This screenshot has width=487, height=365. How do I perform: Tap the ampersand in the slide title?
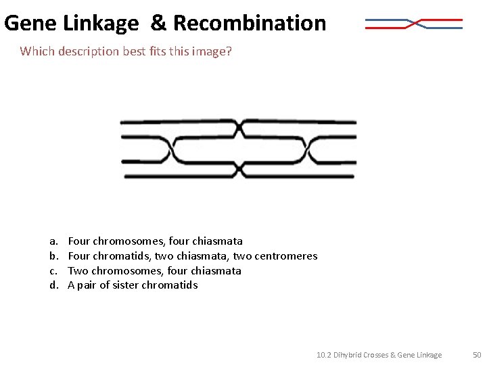point(158,23)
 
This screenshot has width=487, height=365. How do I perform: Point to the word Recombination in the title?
point(250,23)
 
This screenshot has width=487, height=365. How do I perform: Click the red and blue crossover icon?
point(414,24)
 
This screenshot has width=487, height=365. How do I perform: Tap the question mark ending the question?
point(229,51)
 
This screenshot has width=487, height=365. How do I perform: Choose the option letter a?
point(53,241)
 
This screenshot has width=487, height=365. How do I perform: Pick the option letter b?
point(53,255)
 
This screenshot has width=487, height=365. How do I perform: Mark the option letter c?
point(53,271)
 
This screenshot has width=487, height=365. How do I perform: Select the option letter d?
point(53,285)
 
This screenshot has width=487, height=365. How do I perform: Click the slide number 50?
point(477,355)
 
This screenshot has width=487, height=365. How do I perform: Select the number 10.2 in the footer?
point(324,355)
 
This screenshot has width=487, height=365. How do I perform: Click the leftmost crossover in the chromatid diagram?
point(172,150)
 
